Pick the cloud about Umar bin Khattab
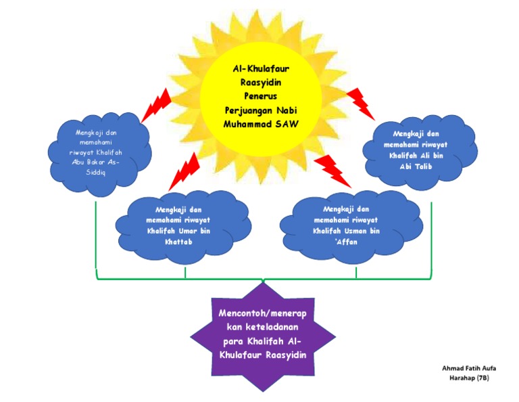pyautogui.click(x=182, y=225)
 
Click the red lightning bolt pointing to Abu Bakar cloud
pyautogui.click(x=156, y=105)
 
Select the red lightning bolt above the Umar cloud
pyautogui.click(x=184, y=171)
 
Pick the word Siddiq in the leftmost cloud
pyautogui.click(x=96, y=173)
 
